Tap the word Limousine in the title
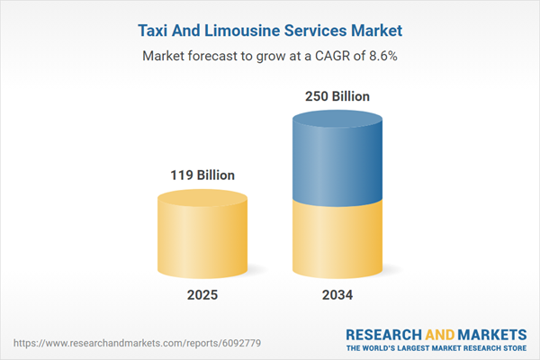[238, 31]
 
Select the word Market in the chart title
[373, 31]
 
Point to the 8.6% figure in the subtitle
[381, 56]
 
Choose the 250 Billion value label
[338, 96]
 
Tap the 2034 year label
[338, 295]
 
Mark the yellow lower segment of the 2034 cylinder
[338, 238]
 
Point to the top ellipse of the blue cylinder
[338, 121]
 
